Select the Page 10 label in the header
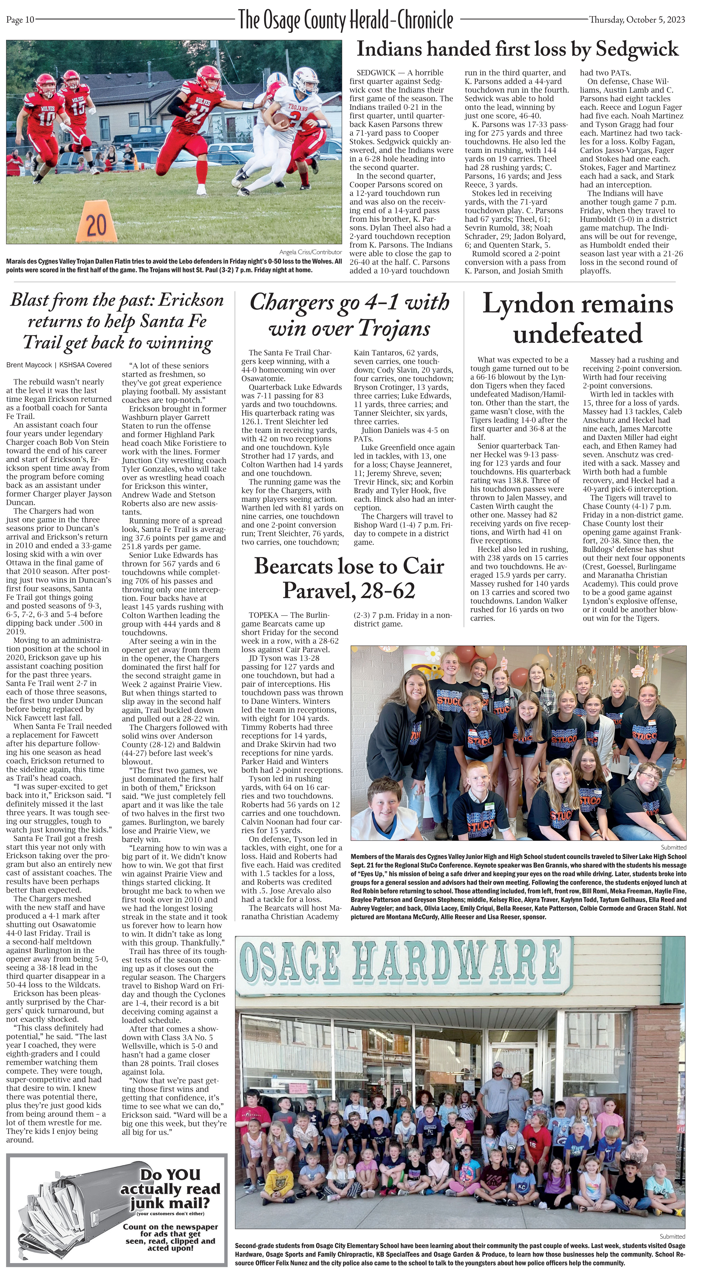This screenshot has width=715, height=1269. pyautogui.click(x=20, y=20)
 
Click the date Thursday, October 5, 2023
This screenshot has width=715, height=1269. pyautogui.click(x=637, y=20)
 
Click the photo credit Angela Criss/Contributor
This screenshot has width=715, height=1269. pyautogui.click(x=311, y=252)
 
